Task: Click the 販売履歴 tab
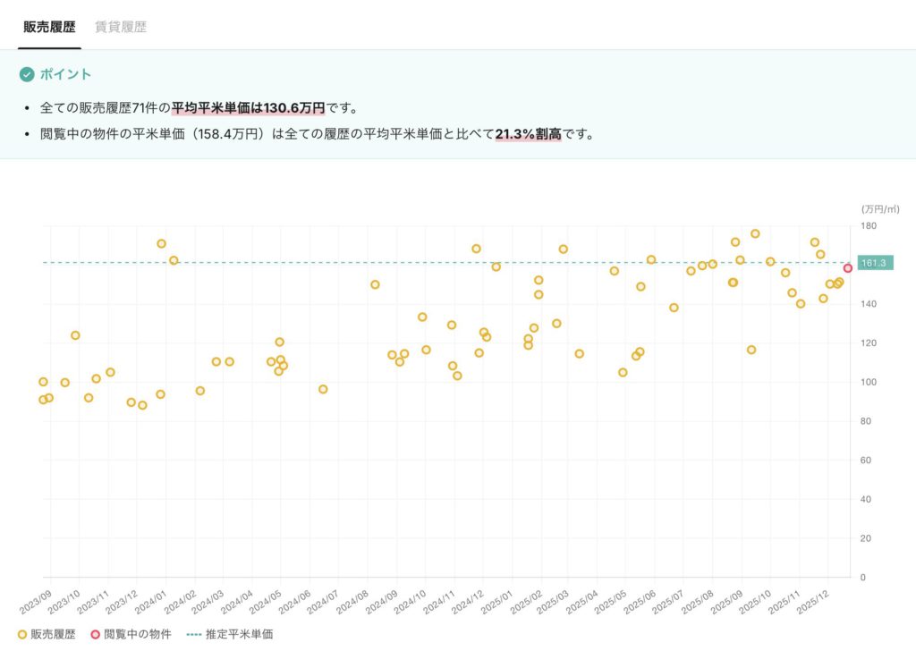point(50,27)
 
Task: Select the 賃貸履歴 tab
point(121,27)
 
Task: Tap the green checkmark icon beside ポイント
point(27,74)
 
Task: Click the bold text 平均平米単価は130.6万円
point(248,108)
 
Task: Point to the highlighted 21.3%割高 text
point(528,134)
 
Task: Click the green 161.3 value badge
point(872,263)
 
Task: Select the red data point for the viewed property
point(847,268)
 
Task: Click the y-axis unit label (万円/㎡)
point(879,208)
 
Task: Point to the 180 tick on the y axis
point(869,226)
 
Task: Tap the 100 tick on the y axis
point(869,382)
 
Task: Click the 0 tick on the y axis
point(863,577)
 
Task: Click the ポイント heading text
point(65,74)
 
